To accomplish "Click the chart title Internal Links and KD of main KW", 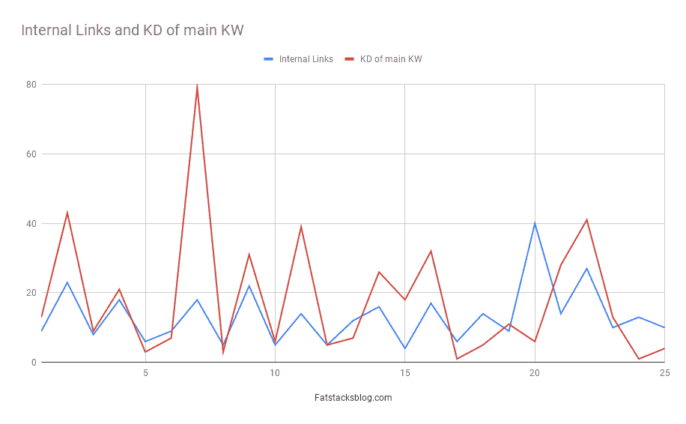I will [x=133, y=31].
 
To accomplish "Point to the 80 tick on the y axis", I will [x=31, y=85].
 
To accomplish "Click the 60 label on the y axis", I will [x=31, y=154].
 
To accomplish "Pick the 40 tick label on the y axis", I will [x=31, y=224].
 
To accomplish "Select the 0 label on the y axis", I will [x=34, y=363].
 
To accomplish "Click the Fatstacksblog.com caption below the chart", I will [x=353, y=398].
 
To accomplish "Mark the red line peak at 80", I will [x=197, y=85].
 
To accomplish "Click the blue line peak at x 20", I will [x=535, y=223].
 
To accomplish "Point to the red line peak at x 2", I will [x=67, y=213].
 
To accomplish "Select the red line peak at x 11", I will [x=301, y=227].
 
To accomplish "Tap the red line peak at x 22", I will [x=586, y=220].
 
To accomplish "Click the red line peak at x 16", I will [x=431, y=251].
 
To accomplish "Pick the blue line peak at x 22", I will [x=586, y=268].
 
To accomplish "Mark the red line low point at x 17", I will [x=457, y=359].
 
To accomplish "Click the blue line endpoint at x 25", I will [x=664, y=327].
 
